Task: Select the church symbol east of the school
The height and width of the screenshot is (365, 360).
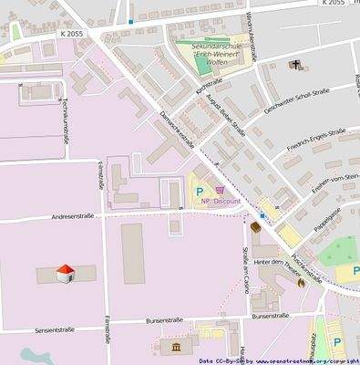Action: click(294, 65)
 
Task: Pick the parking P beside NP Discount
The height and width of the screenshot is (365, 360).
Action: click(201, 191)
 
